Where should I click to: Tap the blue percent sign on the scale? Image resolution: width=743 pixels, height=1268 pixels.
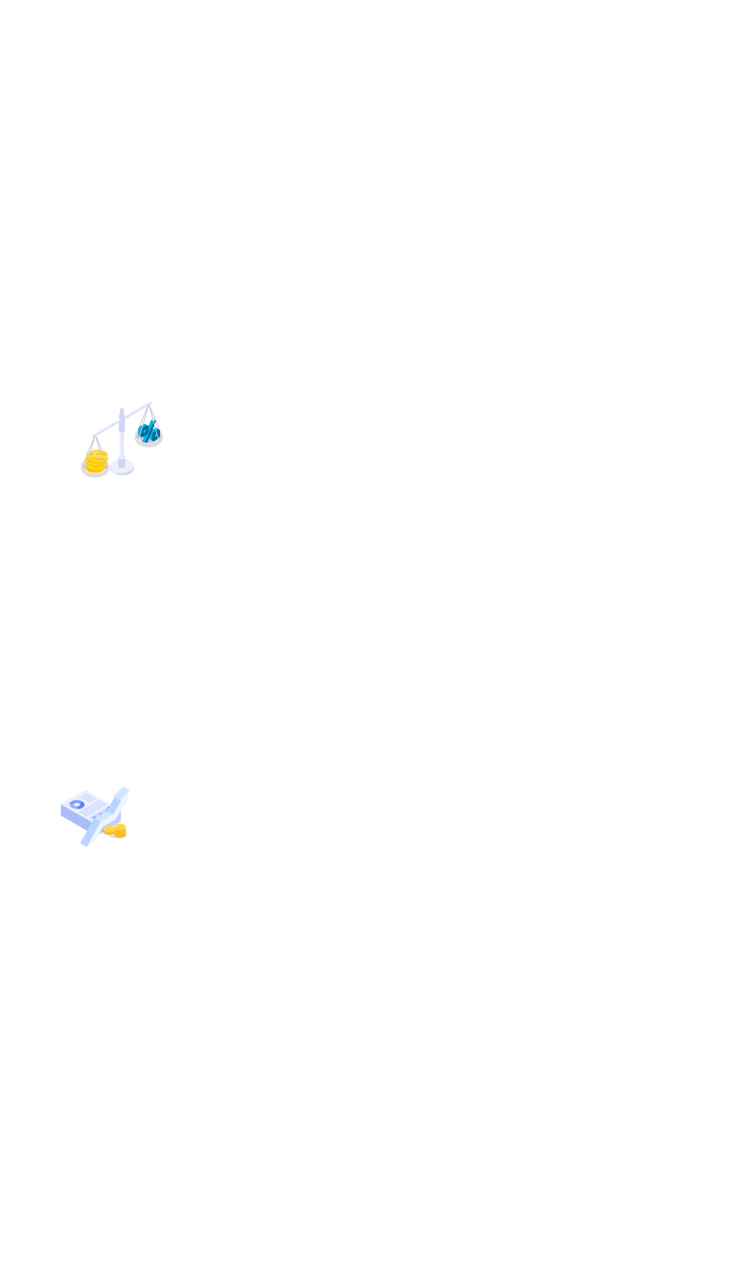pos(149,431)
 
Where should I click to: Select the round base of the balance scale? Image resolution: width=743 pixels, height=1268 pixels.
pos(122,468)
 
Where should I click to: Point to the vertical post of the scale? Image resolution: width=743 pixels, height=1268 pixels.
pos(122,440)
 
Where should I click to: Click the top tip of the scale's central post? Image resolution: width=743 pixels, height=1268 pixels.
pos(122,410)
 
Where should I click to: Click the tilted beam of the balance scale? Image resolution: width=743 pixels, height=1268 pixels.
pos(120,420)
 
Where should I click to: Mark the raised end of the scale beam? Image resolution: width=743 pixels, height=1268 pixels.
pos(150,404)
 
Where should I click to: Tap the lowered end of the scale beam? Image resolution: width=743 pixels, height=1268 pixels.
pos(94,435)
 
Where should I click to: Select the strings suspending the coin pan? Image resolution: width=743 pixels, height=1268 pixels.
pos(93,445)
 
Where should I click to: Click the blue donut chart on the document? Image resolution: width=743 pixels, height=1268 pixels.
pos(77,804)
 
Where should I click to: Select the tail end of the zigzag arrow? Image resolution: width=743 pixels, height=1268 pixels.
pos(85,843)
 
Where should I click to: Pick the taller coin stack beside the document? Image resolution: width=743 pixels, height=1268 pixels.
pos(118,831)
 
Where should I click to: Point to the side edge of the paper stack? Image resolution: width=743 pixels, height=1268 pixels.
pos(71,817)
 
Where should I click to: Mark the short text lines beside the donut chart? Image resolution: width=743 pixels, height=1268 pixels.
pos(94,803)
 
